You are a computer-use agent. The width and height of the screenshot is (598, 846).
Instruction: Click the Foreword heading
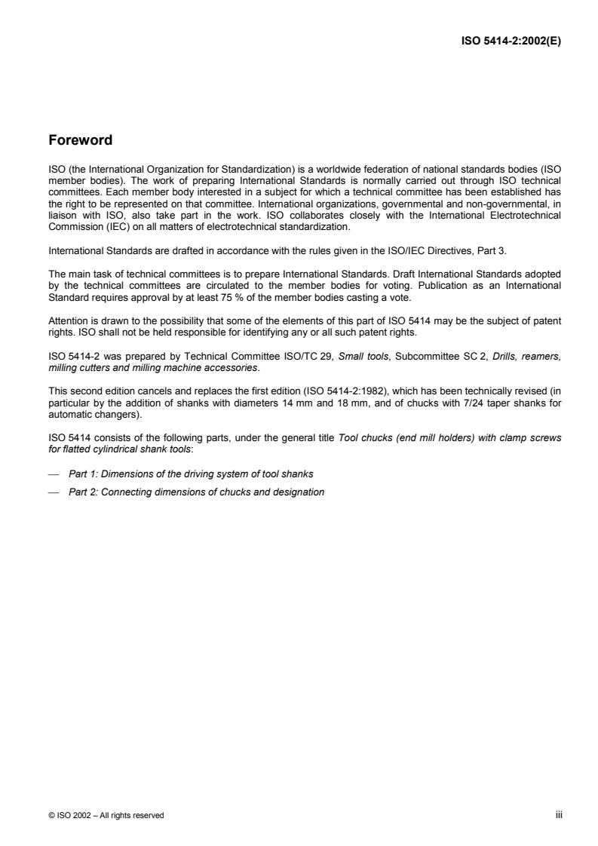tap(81, 140)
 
